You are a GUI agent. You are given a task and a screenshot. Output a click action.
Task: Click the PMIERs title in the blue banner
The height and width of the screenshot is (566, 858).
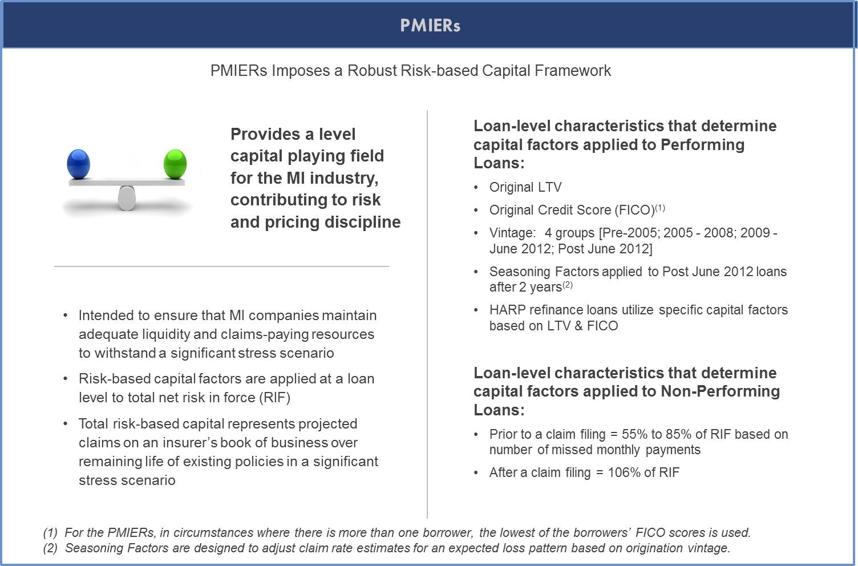point(430,26)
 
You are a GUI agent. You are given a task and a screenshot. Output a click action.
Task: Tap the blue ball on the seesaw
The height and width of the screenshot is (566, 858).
point(79,164)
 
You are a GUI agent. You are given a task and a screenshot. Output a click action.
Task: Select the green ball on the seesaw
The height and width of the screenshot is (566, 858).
point(175,164)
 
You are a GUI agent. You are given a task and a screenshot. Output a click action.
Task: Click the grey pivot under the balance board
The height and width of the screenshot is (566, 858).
point(127,198)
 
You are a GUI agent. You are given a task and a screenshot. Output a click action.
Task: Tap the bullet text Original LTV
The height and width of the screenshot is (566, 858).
point(525,187)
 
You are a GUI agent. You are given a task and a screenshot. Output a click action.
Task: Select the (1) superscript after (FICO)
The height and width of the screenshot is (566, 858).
point(659,207)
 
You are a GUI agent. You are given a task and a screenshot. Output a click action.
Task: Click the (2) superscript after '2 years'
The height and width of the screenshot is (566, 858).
point(567,284)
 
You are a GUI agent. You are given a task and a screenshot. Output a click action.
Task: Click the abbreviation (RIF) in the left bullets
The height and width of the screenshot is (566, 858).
point(274,398)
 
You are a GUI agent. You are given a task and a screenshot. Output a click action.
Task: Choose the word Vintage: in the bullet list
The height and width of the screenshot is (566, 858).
point(512,233)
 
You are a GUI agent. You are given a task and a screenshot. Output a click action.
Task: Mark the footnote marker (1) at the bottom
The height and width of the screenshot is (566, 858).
point(50,532)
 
